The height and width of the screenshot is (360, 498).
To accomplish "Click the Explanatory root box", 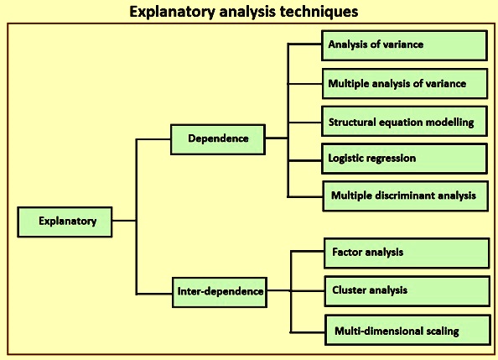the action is [x=65, y=222].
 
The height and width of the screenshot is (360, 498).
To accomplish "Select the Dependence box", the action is [x=218, y=139].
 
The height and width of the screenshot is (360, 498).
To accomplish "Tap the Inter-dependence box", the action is [x=220, y=292].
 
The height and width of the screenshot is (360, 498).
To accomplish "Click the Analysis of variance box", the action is [x=404, y=45].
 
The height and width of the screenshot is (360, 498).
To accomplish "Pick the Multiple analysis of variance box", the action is [x=405, y=84].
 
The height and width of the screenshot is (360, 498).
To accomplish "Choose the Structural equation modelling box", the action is [x=404, y=122].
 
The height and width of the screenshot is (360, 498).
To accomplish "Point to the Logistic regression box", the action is [x=404, y=159].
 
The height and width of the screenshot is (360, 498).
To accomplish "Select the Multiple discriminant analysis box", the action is [x=405, y=196].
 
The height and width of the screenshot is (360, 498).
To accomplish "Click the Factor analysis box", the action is [x=407, y=253].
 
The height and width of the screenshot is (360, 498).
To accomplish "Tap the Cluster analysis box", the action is [x=407, y=291].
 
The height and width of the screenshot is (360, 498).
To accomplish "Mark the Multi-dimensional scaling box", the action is [x=407, y=330].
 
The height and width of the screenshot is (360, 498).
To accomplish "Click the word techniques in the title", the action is [x=319, y=13].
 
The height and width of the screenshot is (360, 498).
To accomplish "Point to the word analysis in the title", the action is [x=247, y=13].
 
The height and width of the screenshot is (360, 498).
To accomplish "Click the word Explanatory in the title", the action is [x=173, y=13].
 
